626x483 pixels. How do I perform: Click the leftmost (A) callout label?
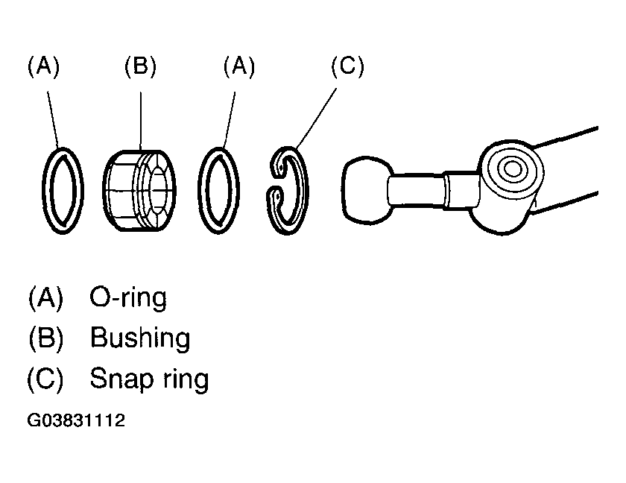[x=43, y=67]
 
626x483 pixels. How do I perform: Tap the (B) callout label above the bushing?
[x=140, y=67]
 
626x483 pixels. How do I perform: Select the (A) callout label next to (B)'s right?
[x=238, y=67]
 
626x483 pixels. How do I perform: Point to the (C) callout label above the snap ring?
[x=347, y=67]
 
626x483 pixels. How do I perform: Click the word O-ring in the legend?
[x=128, y=298]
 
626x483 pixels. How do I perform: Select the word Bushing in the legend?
[x=140, y=339]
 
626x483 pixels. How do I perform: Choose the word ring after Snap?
[x=184, y=380]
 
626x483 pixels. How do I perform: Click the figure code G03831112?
[x=76, y=421]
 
